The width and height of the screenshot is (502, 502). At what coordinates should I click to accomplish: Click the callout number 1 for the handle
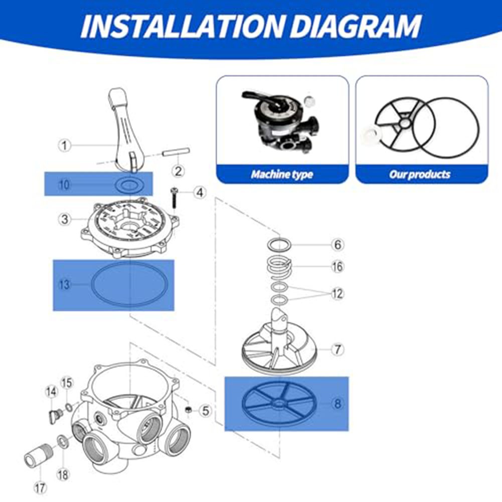click(x=64, y=145)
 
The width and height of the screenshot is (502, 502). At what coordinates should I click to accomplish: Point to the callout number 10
click(x=64, y=185)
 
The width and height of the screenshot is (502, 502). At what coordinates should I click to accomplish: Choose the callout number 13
click(x=64, y=285)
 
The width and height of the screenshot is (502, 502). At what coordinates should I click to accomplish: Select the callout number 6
click(x=338, y=245)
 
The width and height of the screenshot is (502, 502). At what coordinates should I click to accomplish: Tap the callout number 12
click(x=338, y=294)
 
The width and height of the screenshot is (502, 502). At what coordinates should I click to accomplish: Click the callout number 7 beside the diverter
click(x=338, y=349)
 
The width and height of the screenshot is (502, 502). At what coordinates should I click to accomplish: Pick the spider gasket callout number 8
click(x=338, y=403)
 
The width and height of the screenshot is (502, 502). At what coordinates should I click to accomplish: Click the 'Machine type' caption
click(x=282, y=175)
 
